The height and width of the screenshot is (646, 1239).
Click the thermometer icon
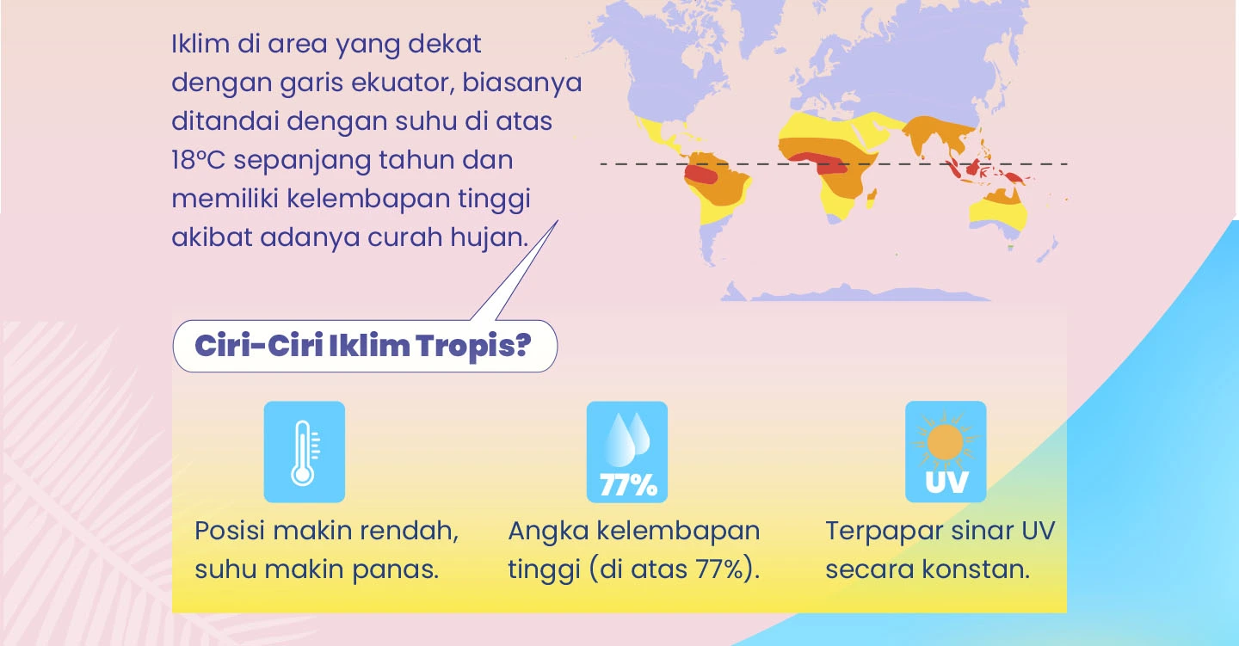pyautogui.click(x=305, y=452)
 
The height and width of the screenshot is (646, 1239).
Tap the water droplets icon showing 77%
pyautogui.click(x=626, y=452)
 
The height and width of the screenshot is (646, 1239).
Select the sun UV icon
pyautogui.click(x=946, y=452)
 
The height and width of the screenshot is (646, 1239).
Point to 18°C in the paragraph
pyautogui.click(x=198, y=160)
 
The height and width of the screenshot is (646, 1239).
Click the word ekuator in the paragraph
pyautogui.click(x=402, y=83)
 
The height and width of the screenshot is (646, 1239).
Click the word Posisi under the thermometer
pyautogui.click(x=230, y=531)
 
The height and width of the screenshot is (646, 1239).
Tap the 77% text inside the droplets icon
pyautogui.click(x=628, y=485)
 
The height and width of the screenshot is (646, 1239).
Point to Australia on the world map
pyautogui.click(x=998, y=209)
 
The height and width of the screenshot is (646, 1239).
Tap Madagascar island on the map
pyautogui.click(x=871, y=198)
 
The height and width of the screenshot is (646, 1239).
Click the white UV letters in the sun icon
pyautogui.click(x=946, y=483)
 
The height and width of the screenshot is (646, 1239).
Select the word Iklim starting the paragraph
pyautogui.click(x=200, y=44)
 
